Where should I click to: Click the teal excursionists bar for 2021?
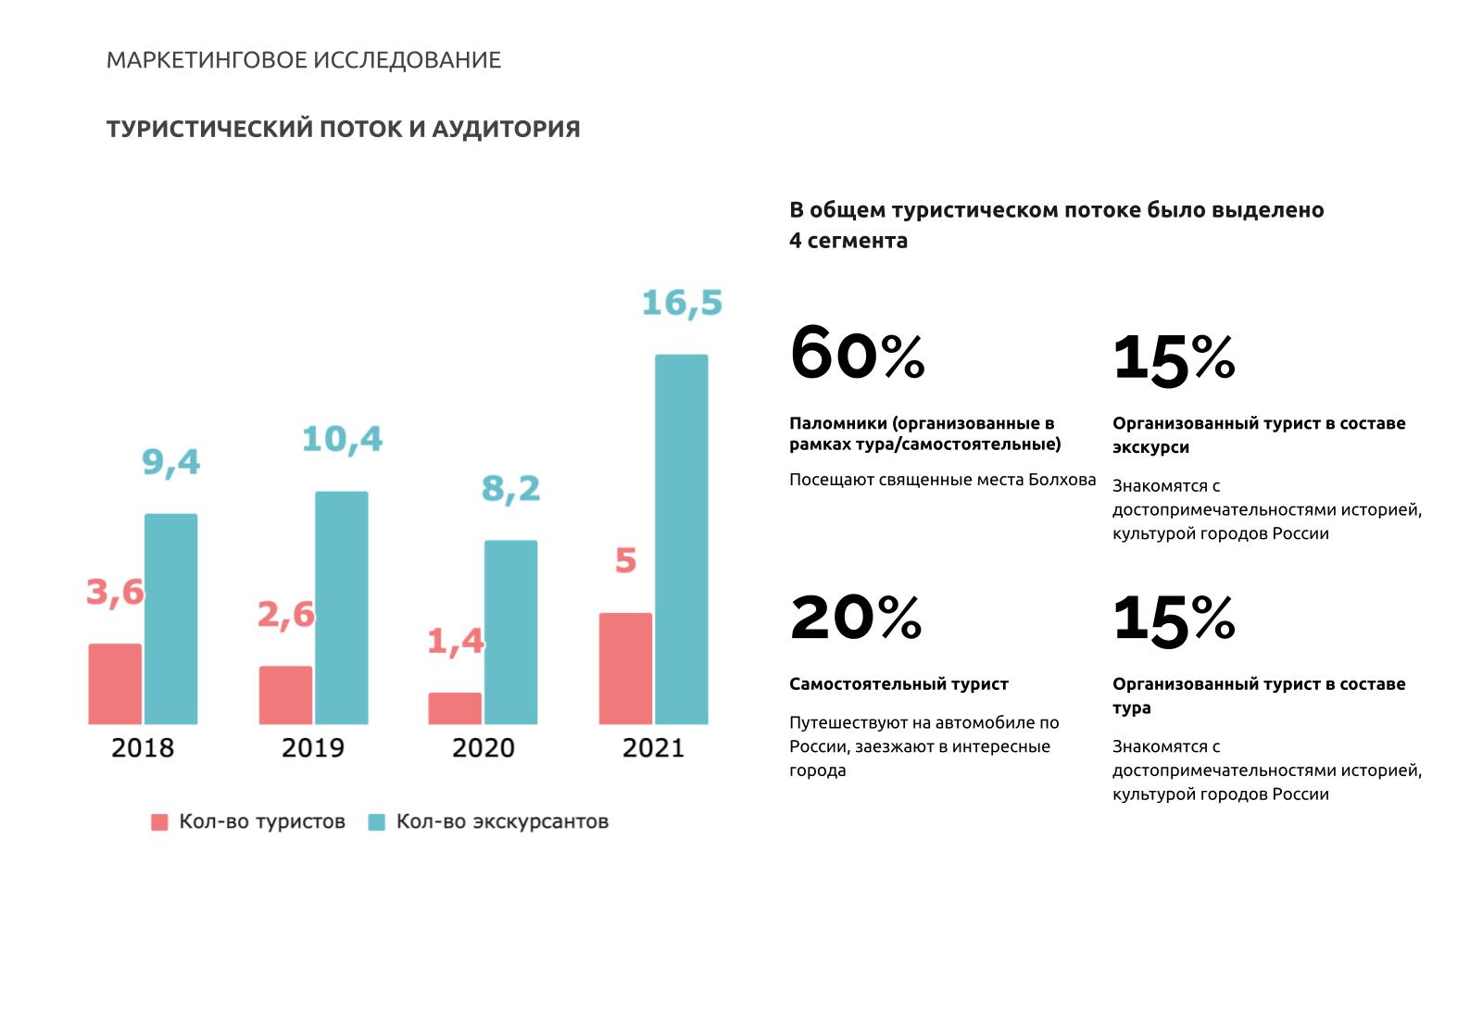point(681,539)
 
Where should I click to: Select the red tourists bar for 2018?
point(115,684)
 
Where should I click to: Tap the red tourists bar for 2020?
point(455,708)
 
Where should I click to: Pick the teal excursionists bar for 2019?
point(341,608)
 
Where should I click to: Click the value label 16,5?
point(682,304)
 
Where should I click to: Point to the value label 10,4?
point(342,440)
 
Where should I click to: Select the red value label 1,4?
point(456,641)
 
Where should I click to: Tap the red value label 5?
point(625,561)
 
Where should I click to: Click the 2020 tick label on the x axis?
point(483,747)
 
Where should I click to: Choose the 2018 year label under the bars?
point(143,747)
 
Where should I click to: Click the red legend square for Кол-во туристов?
point(159,821)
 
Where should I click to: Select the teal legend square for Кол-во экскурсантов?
point(377,821)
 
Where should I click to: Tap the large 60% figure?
point(857,353)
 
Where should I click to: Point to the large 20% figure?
point(856,617)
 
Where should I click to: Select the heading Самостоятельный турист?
point(898,684)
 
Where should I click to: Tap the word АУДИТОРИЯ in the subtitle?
point(506,129)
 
